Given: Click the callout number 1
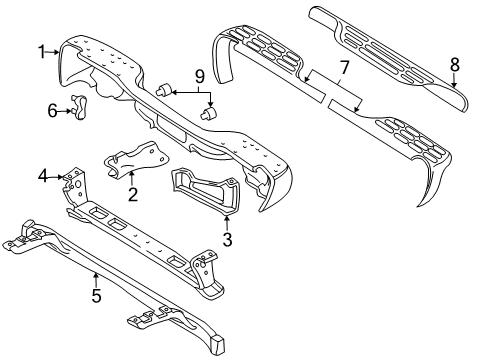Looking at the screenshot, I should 42,51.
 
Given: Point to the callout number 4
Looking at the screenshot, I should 42,177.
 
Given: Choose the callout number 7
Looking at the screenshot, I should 342,67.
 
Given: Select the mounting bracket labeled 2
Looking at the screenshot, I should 130,160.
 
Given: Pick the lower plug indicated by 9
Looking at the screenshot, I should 208,114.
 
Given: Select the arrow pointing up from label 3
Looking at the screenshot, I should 228,218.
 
